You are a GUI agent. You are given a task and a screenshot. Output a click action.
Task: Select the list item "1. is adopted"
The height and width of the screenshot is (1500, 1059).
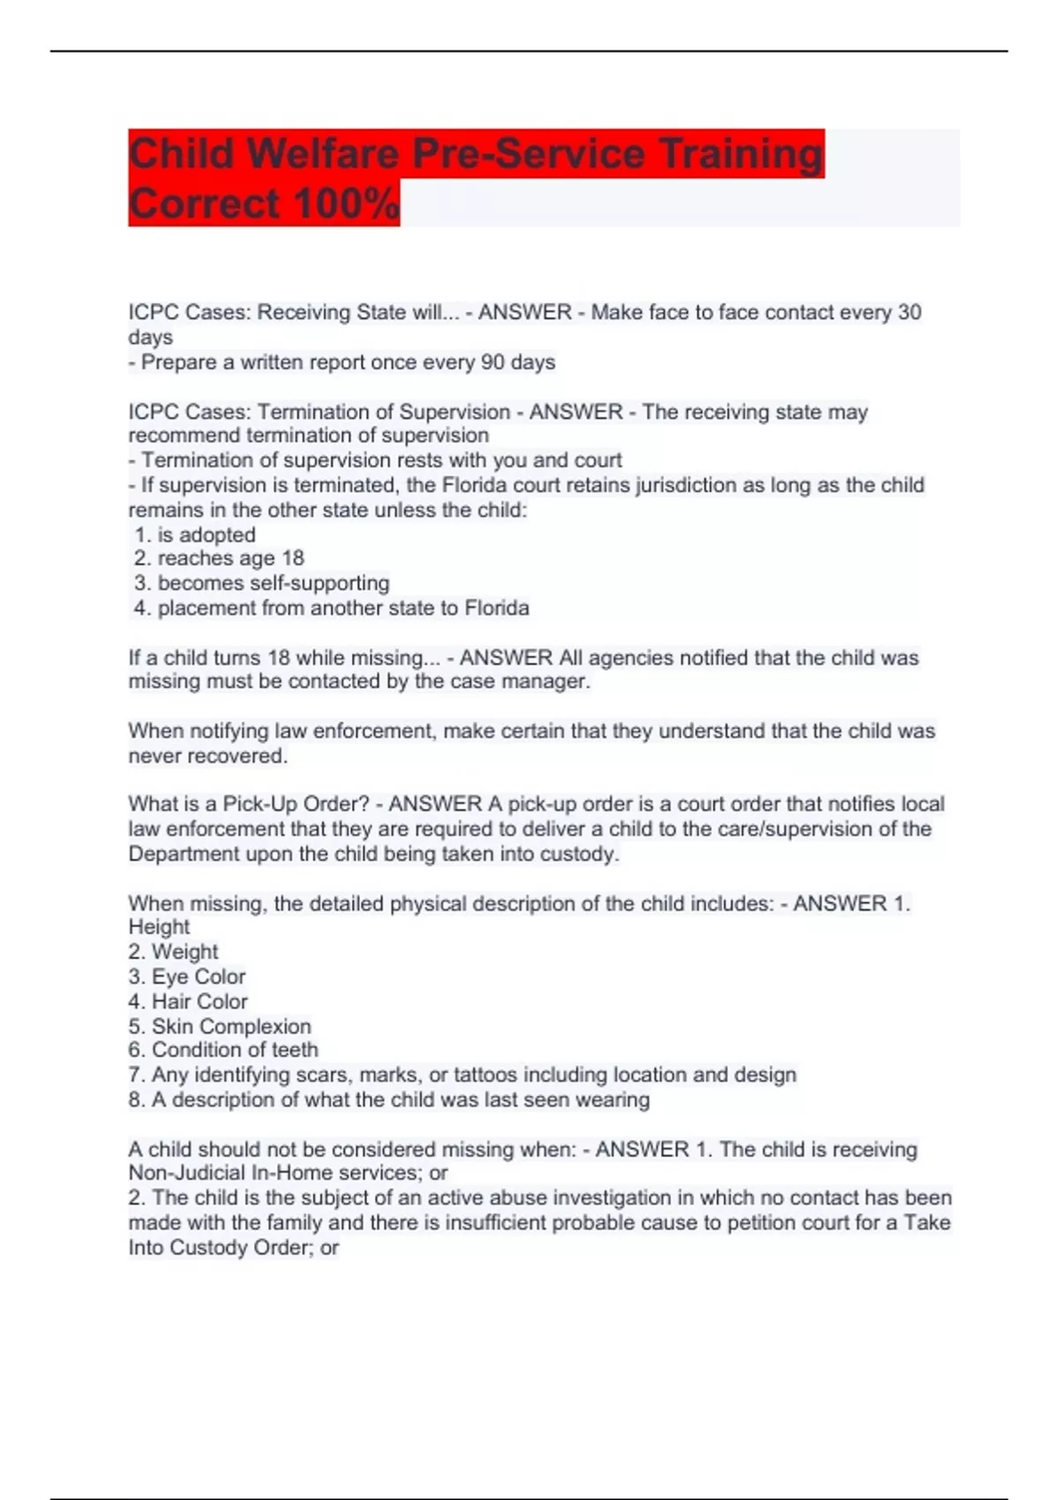pos(195,535)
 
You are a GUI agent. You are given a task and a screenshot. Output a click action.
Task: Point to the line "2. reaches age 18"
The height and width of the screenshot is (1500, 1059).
pos(219,559)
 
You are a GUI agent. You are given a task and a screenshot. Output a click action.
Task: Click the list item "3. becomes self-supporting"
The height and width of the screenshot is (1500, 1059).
pos(261,583)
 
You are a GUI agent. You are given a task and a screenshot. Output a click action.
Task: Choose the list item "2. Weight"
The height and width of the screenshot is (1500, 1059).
pos(173,952)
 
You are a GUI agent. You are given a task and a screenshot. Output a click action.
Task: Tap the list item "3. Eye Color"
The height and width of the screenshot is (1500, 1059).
pos(187,977)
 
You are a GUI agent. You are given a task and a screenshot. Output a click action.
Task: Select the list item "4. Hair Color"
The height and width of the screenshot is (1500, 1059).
pos(188,1001)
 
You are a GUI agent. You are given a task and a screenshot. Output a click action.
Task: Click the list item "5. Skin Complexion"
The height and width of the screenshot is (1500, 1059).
pos(220,1026)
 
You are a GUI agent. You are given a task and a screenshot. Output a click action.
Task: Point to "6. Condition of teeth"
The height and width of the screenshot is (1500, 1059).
pos(223,1050)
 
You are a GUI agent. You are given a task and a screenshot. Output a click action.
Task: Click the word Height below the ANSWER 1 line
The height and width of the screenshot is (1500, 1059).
pos(159,927)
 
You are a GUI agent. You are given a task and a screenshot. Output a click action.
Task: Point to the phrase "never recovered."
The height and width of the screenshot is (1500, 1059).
pos(208,756)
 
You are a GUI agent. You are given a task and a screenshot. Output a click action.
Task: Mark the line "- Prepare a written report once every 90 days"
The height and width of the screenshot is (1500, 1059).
pos(342,363)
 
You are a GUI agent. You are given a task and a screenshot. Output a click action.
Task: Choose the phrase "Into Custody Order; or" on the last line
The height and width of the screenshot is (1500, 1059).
pos(234,1248)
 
